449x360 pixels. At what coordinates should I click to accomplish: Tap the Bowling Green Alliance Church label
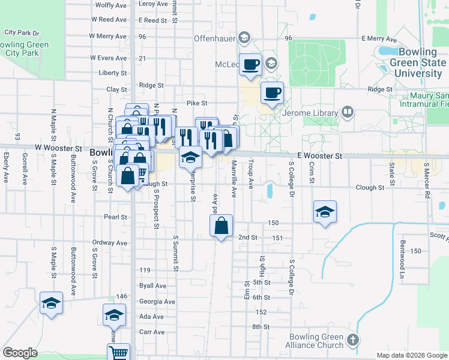click(x=316, y=341)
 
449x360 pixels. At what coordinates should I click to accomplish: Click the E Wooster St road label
click(x=315, y=156)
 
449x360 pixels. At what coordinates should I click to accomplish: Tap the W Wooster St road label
click(x=58, y=148)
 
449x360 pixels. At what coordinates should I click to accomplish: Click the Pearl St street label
click(x=115, y=217)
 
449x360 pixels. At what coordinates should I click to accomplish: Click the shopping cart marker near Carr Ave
click(x=118, y=353)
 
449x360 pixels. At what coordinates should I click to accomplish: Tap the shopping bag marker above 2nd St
click(x=221, y=226)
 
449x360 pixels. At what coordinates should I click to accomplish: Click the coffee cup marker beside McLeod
click(x=250, y=64)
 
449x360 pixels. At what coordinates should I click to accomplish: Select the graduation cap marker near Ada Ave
click(x=114, y=314)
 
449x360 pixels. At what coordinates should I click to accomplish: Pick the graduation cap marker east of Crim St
click(x=325, y=211)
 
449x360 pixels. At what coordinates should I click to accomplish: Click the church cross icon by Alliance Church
click(x=353, y=340)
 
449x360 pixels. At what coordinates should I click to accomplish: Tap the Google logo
click(x=20, y=353)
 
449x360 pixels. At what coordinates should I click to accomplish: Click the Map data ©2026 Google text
click(x=412, y=355)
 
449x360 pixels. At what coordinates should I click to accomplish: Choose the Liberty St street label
click(x=113, y=73)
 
